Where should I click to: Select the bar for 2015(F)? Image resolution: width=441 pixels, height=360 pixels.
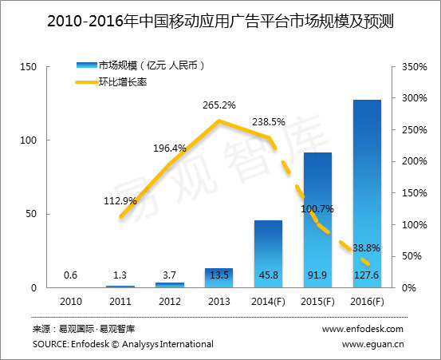tap(317, 220)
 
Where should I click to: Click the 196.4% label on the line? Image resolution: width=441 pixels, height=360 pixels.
tap(168, 148)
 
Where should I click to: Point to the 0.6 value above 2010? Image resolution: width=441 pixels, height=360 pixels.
tap(71, 277)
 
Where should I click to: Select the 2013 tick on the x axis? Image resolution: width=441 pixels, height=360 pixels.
tap(219, 301)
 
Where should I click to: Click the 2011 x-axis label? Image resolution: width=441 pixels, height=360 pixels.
tap(120, 301)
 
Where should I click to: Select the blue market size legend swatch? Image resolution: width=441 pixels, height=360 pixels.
tap(85, 64)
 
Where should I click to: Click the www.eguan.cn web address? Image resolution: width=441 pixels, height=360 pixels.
tap(372, 344)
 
